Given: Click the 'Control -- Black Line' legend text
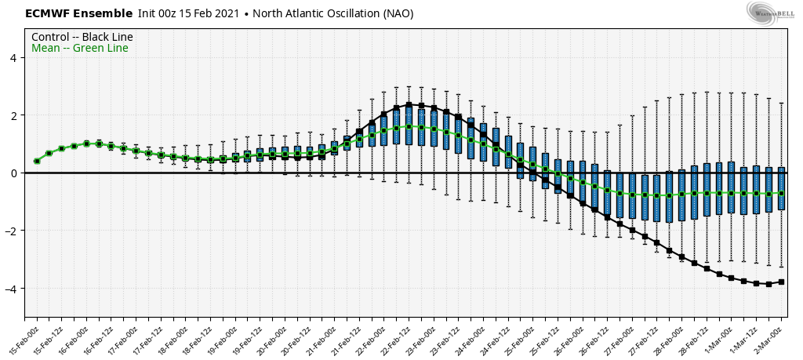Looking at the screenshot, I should [82, 37].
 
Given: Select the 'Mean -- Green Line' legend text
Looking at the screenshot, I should [79, 49].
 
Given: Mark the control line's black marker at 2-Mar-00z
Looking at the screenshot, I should [781, 282].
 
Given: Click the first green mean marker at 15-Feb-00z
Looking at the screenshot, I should [37, 161].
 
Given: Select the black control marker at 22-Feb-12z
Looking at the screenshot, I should [409, 104].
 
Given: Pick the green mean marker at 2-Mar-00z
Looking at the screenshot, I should [781, 194].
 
